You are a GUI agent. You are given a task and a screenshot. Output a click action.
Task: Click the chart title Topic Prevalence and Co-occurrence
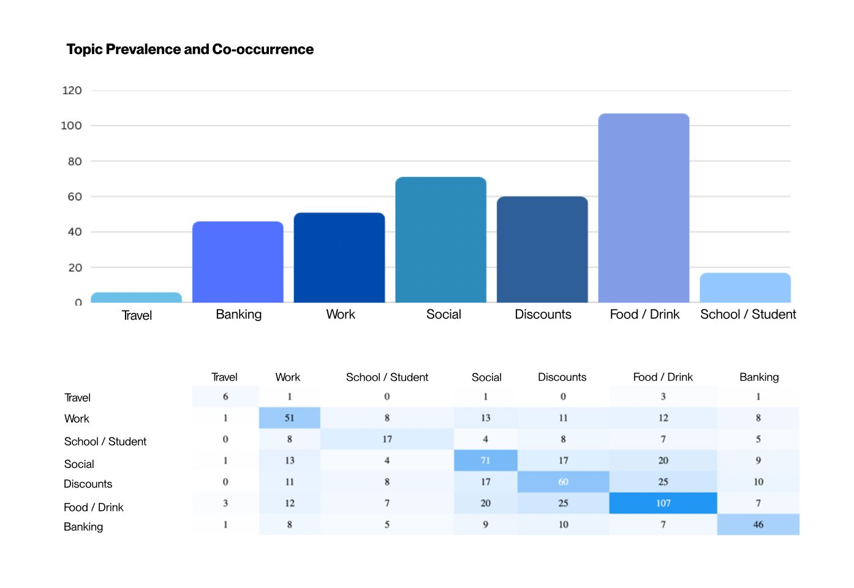tap(190, 50)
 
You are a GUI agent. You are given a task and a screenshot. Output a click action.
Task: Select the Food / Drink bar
tap(643, 208)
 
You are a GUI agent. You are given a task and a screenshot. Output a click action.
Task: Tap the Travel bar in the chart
tap(136, 298)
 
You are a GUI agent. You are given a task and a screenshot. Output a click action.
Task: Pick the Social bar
tap(440, 240)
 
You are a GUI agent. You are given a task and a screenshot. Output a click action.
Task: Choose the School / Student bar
tap(745, 288)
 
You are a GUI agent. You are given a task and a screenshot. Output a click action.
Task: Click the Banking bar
tap(238, 262)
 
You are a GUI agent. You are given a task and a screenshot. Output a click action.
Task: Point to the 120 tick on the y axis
tap(72, 91)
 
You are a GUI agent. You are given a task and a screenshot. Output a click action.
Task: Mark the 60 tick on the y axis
tap(75, 197)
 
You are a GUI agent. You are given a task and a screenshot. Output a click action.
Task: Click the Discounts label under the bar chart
tap(543, 314)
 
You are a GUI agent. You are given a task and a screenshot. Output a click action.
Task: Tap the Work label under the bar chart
tap(341, 314)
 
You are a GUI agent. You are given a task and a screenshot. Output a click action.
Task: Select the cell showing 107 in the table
tap(663, 503)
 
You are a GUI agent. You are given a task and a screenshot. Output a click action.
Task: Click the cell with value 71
tap(485, 461)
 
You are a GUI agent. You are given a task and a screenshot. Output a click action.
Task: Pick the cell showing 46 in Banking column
tap(758, 524)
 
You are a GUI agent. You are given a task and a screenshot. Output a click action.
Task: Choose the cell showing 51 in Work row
tap(289, 418)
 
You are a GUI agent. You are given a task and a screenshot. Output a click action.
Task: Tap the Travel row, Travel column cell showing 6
tap(225, 397)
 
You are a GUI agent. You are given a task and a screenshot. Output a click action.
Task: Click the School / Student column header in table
tap(387, 377)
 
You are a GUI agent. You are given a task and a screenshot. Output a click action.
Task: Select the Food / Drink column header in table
tap(663, 377)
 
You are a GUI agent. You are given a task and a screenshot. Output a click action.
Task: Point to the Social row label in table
tap(79, 464)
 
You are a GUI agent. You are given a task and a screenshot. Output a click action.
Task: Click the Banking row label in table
tap(83, 527)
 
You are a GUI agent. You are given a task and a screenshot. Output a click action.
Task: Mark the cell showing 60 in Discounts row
tap(563, 482)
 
